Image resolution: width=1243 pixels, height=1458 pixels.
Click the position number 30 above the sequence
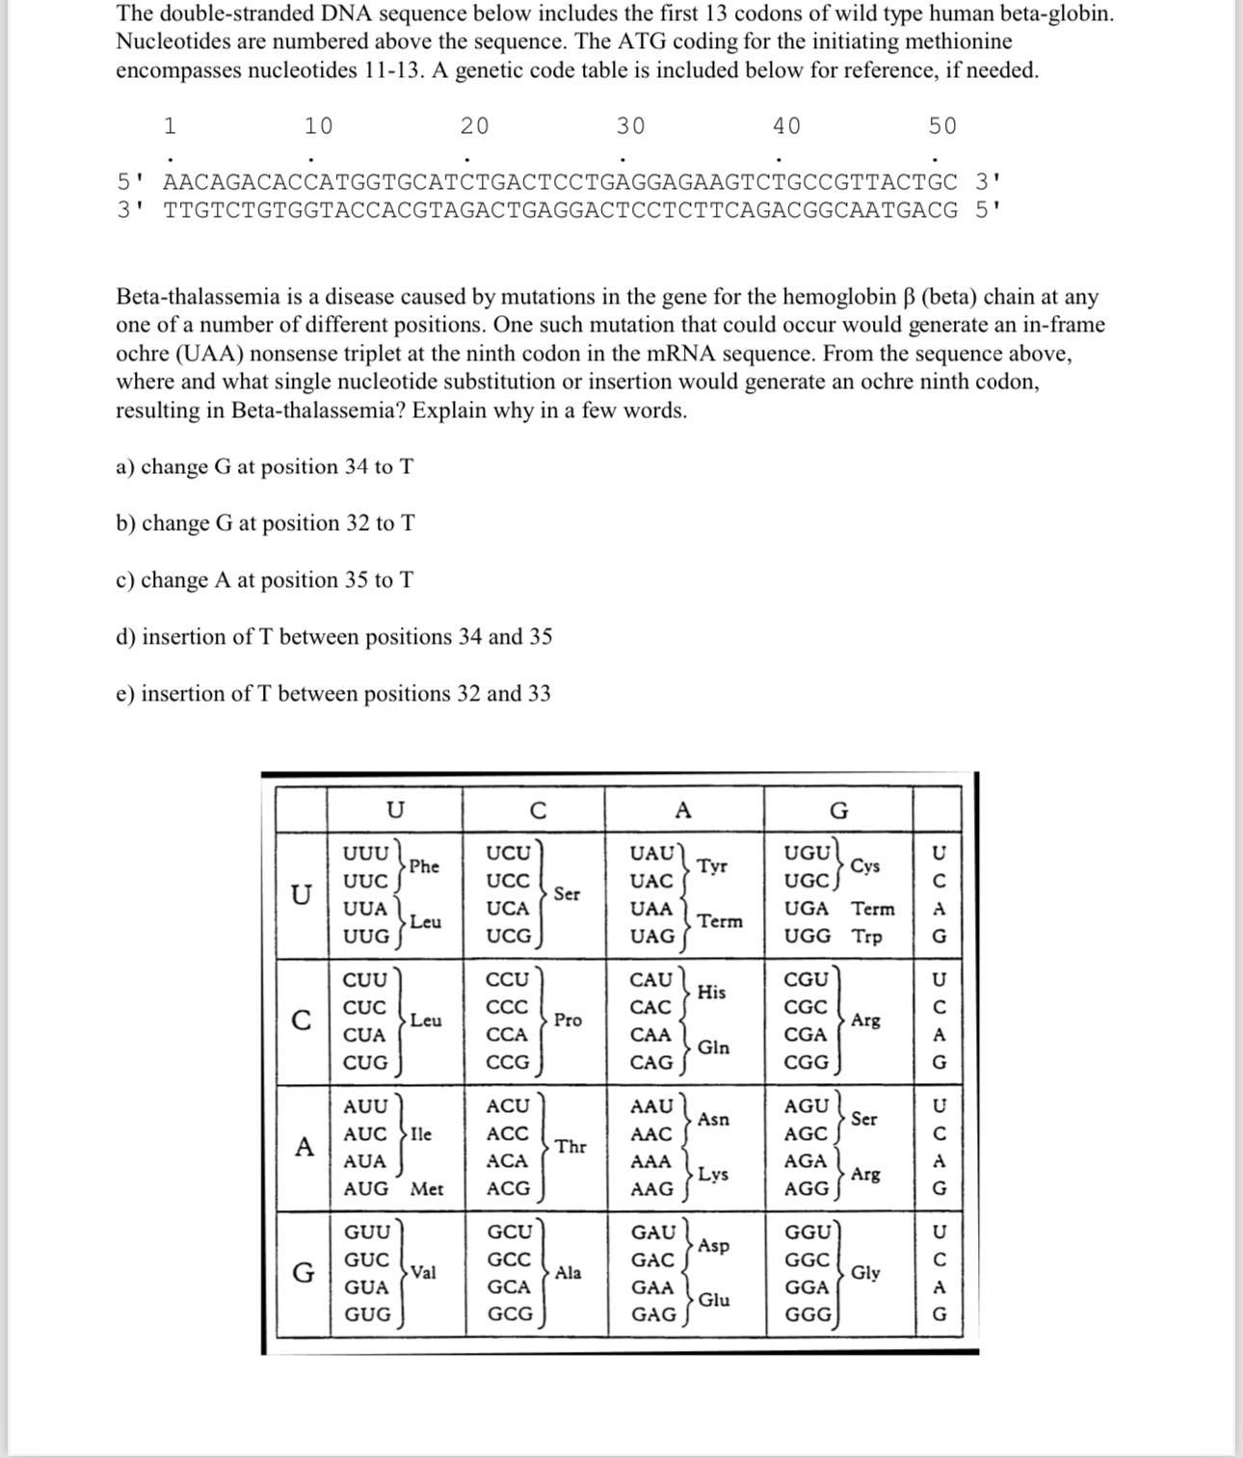pos(630,126)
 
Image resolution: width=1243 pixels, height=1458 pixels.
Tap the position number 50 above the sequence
pos(942,126)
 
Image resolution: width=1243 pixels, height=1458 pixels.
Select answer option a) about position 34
pos(265,467)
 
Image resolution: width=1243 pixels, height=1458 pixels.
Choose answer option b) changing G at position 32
pos(266,524)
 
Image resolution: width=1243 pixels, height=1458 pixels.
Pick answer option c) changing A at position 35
pos(265,580)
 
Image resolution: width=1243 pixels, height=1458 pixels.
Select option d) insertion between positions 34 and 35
pos(334,637)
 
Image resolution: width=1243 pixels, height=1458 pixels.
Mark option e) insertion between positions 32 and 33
pos(333,694)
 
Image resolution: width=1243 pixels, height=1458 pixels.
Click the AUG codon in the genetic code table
pos(366,1189)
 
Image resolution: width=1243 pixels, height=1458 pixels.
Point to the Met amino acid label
pos(427,1189)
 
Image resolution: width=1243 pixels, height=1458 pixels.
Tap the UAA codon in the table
pos(650,909)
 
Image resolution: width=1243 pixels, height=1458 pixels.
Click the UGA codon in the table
pos(807,909)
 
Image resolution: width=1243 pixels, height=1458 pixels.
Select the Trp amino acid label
pos(866,937)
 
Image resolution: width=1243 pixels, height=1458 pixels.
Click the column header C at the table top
pos(538,811)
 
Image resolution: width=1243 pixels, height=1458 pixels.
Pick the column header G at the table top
pos(838,811)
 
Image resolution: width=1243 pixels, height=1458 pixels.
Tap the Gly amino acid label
pos(865,1273)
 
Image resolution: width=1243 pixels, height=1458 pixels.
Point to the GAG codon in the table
pos(652,1314)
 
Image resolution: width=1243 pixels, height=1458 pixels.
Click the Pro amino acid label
pos(568,1021)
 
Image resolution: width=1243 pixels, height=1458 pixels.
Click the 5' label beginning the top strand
pos(130,182)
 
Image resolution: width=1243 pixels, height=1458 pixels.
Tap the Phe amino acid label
pos(424,866)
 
